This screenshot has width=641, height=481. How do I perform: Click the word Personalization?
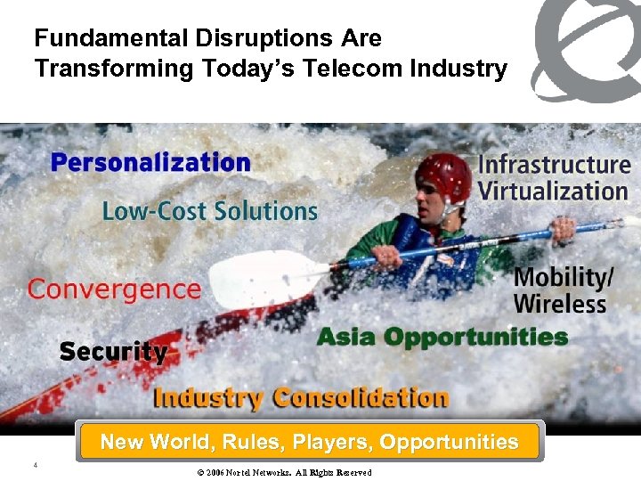[x=150, y=163]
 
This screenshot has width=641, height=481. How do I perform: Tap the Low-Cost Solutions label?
[x=209, y=211]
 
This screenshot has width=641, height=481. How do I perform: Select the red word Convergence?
[x=114, y=289]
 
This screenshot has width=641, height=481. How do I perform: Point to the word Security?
[x=113, y=351]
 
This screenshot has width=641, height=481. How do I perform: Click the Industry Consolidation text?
[x=301, y=397]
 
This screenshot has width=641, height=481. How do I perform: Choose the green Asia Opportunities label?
[x=442, y=338]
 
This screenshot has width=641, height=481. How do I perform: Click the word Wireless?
[x=559, y=304]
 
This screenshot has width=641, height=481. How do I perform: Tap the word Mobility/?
[x=564, y=277]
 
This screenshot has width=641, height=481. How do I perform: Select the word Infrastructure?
[x=554, y=165]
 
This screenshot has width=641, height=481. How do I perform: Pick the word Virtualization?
[x=553, y=192]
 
